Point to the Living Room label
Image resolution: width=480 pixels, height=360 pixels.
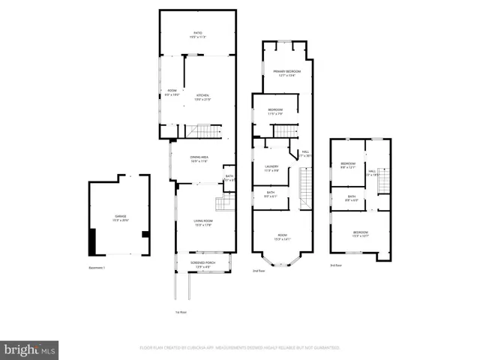coord(203,223)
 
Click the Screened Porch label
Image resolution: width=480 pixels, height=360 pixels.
coord(203,265)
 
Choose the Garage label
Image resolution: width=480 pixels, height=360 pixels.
coord(120,218)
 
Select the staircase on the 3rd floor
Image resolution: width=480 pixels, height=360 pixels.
coord(384,181)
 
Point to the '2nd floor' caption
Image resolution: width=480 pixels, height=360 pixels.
coord(259,270)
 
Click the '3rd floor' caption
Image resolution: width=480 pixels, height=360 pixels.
coord(337,265)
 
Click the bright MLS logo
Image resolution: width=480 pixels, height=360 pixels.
coord(29,349)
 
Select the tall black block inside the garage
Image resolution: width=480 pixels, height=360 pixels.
coord(92,241)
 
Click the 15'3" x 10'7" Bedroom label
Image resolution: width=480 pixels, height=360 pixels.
coord(361,234)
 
